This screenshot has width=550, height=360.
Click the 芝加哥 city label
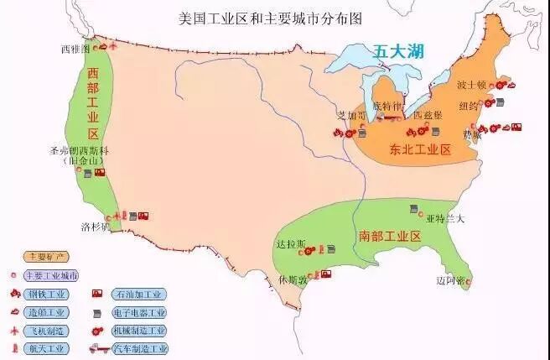(351, 115)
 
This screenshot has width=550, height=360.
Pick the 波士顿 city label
(472, 86)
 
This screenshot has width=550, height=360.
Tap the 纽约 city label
(470, 106)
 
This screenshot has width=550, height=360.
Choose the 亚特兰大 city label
(445, 218)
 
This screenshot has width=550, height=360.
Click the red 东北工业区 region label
(420, 150)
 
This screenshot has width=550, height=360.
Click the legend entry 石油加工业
(139, 295)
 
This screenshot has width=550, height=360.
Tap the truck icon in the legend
(98, 348)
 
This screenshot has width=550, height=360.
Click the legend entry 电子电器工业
(139, 312)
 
